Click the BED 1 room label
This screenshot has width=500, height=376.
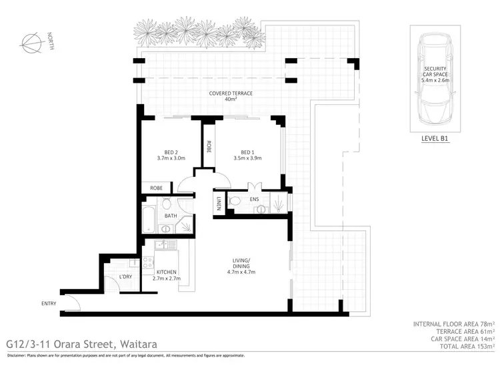tap(248, 154)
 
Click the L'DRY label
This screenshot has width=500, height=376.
tap(125, 276)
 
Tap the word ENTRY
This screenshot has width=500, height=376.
tap(49, 304)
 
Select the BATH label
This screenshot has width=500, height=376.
tap(171, 216)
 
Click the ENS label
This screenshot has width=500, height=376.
tap(253, 199)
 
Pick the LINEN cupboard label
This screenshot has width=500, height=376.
tap(218, 202)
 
